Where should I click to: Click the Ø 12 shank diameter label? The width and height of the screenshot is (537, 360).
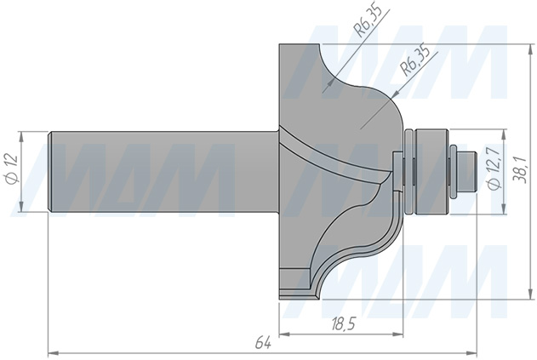click(13, 169)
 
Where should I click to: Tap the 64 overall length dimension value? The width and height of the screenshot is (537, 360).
click(263, 343)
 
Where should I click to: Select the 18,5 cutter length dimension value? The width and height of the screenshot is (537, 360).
click(344, 323)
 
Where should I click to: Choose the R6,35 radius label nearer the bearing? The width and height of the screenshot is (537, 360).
click(415, 60)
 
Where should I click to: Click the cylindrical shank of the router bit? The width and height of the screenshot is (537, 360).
click(163, 171)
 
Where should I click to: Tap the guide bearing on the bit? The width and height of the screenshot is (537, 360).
click(431, 171)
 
